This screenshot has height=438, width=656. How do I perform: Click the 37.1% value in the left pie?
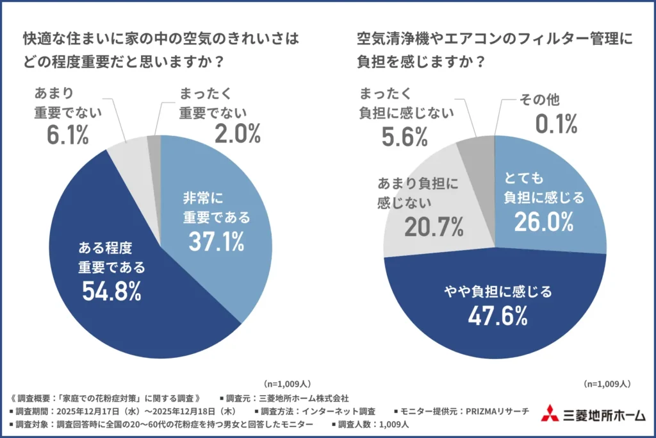click(216, 241)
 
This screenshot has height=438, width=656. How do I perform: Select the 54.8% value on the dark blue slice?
click(111, 291)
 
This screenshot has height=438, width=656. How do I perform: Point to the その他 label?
click(541, 100)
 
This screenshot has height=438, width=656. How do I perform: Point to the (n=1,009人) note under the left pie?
click(286, 383)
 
